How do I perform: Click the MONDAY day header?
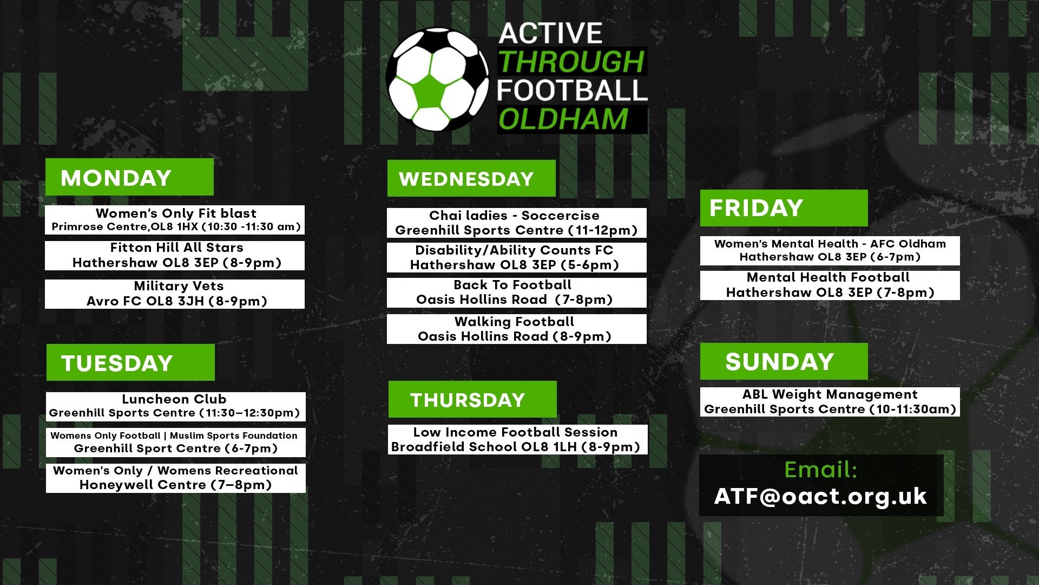[x=129, y=177]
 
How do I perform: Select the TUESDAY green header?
[x=130, y=362]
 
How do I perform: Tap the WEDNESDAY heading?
[x=471, y=178]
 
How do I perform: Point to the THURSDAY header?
[x=472, y=399]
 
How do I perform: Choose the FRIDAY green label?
[x=784, y=208]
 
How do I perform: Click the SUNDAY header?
[x=784, y=361]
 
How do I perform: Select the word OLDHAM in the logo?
[x=563, y=119]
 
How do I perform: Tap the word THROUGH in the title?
[x=571, y=62]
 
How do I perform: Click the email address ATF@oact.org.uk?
[x=820, y=496]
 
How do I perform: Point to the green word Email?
[x=821, y=470]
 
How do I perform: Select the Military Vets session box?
[x=175, y=294]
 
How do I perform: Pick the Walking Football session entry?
[x=517, y=329]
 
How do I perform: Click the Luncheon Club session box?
[x=176, y=407]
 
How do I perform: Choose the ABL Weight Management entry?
[x=830, y=402]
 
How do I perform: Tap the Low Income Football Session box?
[x=518, y=439]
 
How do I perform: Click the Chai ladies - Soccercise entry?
[x=517, y=223]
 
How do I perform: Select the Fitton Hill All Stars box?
[x=175, y=256]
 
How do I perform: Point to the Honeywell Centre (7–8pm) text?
[x=176, y=485]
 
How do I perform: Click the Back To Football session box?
[x=517, y=292]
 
